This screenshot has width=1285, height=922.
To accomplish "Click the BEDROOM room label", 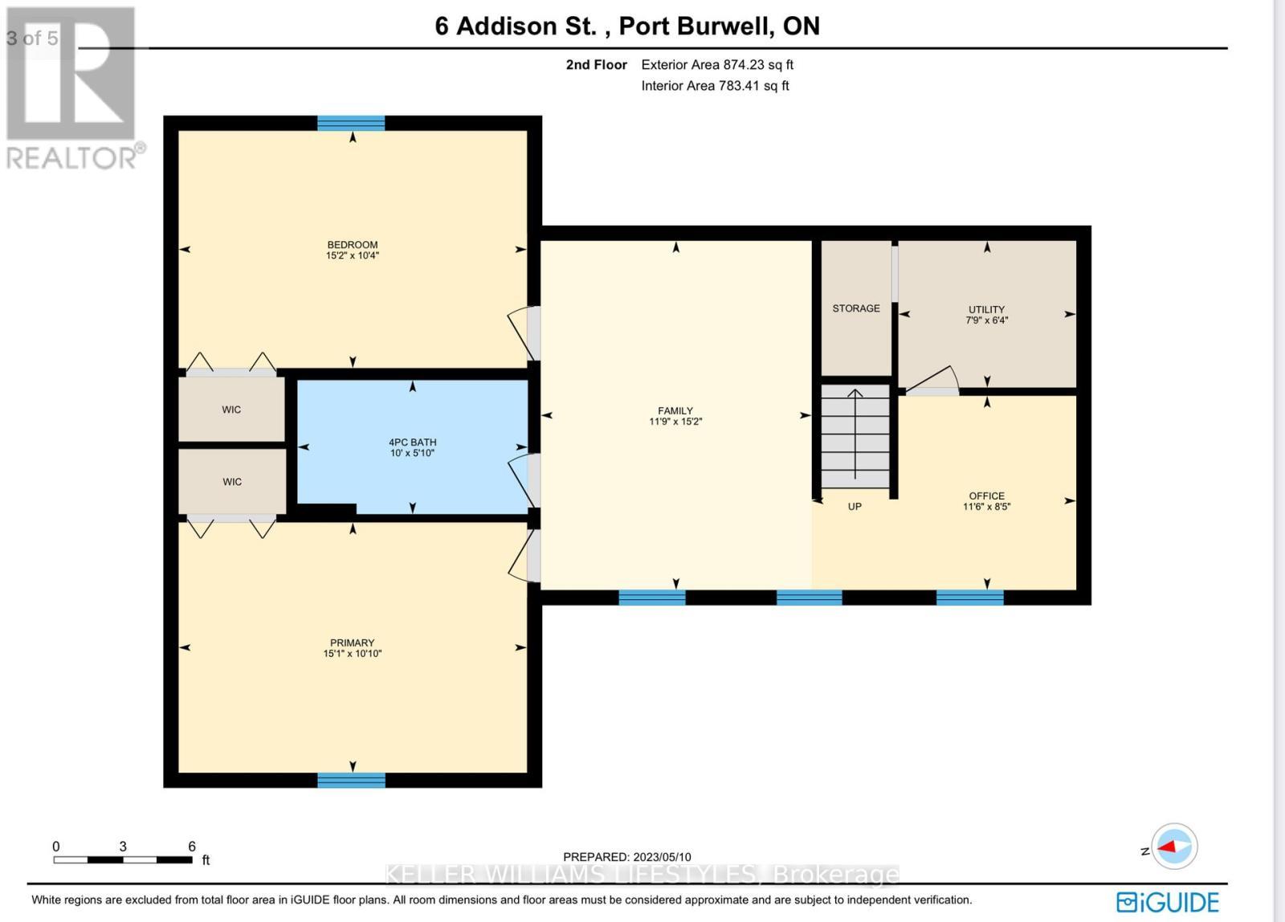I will coord(352,245).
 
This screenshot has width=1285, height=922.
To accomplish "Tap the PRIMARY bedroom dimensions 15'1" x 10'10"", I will coord(352,654).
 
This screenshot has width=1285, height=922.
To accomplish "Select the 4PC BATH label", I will coord(412,443).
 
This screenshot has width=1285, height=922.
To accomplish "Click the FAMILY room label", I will coord(675,410).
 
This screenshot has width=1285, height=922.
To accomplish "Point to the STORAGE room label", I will coord(855,308).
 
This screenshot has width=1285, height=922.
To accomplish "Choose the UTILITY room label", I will coord(986,309).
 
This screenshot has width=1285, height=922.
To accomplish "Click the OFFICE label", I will coord(986,496).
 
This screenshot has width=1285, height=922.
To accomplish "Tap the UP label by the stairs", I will coord(855,507).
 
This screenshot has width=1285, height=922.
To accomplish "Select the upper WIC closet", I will coord(231,410).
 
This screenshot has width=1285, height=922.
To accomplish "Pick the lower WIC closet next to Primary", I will coord(231,482).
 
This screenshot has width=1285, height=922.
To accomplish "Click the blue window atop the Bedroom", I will coord(351,123).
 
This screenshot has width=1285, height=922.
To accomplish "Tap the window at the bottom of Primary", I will coord(351,780).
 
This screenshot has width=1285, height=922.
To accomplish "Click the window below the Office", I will coord(969,598).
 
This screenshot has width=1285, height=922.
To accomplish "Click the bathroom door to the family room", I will coord(523,480).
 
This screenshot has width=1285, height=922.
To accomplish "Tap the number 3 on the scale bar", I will coord(123,847).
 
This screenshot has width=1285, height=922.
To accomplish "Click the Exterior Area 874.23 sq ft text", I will coord(716,65).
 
